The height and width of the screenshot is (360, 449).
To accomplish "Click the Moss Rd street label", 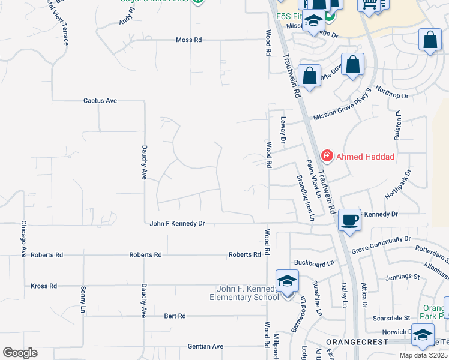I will (189, 40).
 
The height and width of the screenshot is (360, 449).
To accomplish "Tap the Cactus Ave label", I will (100, 101).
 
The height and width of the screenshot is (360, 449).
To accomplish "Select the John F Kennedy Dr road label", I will (177, 223).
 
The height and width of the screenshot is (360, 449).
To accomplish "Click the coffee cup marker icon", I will (349, 220).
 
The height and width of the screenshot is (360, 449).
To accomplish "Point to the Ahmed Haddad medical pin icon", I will (327, 157).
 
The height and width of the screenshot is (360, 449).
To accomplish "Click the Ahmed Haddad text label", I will (365, 157).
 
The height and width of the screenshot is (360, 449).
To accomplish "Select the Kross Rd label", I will (44, 286).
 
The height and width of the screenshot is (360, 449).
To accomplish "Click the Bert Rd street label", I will (175, 316).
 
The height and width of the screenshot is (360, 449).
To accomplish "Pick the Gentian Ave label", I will (205, 346).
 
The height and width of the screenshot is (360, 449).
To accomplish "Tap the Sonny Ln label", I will (83, 300).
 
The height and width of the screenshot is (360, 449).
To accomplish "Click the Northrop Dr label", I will (391, 92).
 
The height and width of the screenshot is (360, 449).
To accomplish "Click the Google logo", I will (20, 353).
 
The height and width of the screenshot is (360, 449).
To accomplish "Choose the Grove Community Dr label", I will (381, 244).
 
